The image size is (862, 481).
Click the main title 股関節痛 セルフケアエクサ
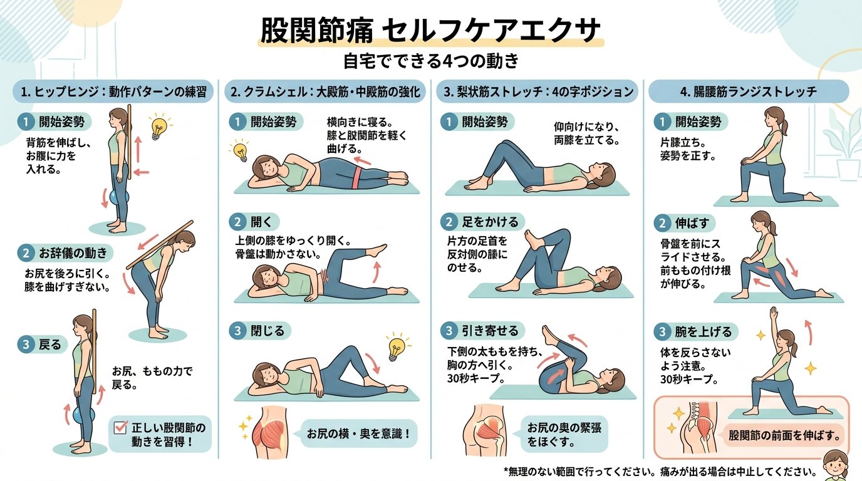pyautogui.click(x=430, y=30)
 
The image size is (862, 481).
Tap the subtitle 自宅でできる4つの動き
pyautogui.click(x=431, y=62)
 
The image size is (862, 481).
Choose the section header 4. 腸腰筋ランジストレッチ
pyautogui.click(x=748, y=91)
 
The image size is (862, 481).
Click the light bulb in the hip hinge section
pyautogui.click(x=158, y=127)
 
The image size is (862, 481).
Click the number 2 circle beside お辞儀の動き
pyautogui.click(x=26, y=253)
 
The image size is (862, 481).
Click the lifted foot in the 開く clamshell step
pyautogui.click(x=380, y=251)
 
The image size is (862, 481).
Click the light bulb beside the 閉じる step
pyautogui.click(x=396, y=347)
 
